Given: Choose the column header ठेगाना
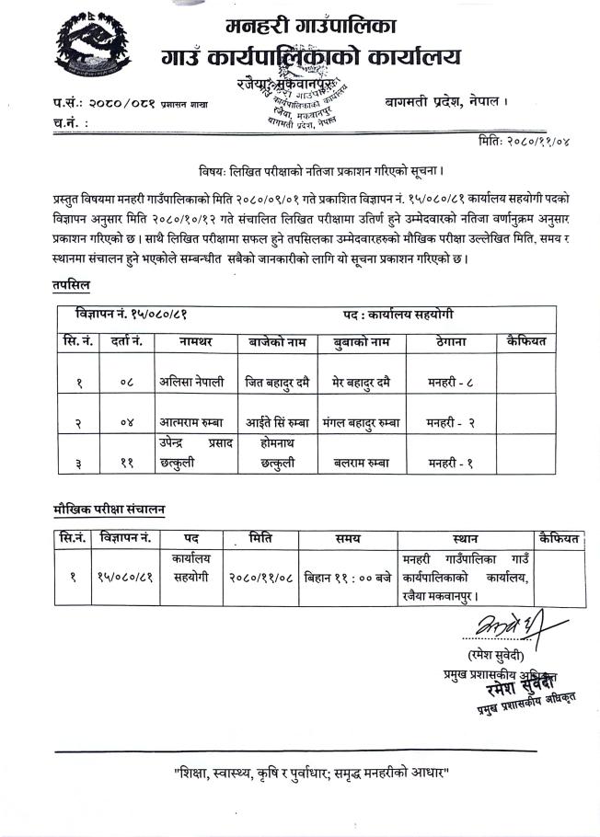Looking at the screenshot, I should click(x=451, y=341).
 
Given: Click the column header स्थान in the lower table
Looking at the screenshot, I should click(x=466, y=537).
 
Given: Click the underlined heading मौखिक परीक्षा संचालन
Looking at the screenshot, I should click(x=110, y=509).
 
